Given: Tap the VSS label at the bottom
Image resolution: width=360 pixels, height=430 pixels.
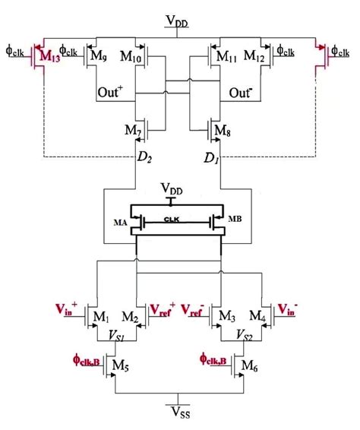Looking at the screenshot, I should click(180, 416).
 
